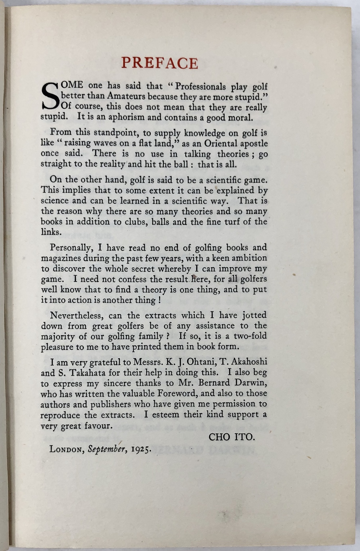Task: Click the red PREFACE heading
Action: point(159,63)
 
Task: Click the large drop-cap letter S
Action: point(50,96)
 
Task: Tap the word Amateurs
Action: point(126,96)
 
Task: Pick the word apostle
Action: point(255,144)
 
